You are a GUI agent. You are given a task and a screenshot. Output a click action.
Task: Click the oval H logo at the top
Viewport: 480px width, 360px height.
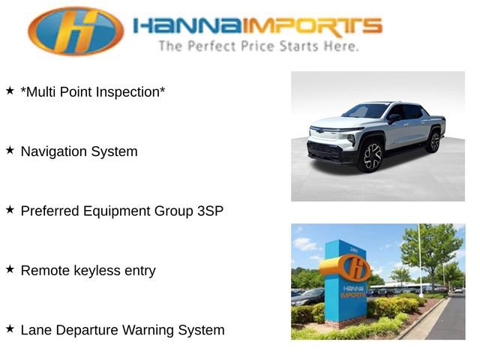click(x=76, y=31)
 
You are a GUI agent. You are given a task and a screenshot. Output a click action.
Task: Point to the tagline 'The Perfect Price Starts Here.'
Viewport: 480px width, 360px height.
click(x=258, y=46)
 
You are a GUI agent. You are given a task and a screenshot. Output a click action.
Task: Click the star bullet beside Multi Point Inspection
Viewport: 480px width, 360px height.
click(x=10, y=91)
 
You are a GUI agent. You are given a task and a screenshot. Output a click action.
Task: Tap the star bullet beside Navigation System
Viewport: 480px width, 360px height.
click(x=10, y=150)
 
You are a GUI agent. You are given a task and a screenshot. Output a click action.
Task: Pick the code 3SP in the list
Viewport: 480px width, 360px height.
click(x=208, y=211)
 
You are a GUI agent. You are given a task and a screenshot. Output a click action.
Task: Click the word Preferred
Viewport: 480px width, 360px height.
click(x=50, y=211)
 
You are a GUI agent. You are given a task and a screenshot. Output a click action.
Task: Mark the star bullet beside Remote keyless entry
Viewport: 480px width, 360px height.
click(x=10, y=268)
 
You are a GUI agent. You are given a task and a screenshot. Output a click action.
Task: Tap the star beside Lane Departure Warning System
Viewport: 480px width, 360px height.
click(x=10, y=328)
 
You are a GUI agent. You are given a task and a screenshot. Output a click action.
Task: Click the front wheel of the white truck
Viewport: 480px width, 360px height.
click(x=371, y=156)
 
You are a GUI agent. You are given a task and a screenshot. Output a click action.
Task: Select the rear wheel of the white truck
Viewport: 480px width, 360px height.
click(x=433, y=141)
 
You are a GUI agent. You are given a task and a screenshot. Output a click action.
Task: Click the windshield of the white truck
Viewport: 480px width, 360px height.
click(x=367, y=112)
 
